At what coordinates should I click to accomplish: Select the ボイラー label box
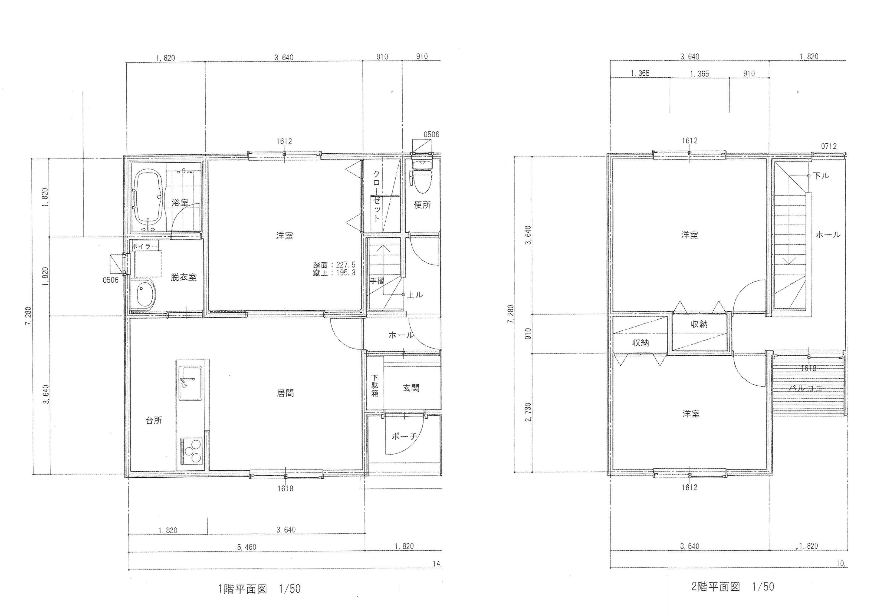[x=145, y=246]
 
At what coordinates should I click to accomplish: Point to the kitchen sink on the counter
[x=190, y=383]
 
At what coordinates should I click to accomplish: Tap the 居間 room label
[x=285, y=393]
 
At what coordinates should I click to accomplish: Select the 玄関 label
[x=411, y=388]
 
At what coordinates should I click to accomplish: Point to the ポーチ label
[x=404, y=437]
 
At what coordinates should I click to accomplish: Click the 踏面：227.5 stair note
[x=334, y=265]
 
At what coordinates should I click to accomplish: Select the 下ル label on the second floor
[x=821, y=176]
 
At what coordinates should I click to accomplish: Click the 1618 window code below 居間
[x=285, y=489]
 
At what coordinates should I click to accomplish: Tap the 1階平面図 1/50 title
[x=259, y=589]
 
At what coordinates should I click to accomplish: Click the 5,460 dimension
[x=247, y=547]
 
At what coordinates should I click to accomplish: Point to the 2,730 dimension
[x=528, y=412]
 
